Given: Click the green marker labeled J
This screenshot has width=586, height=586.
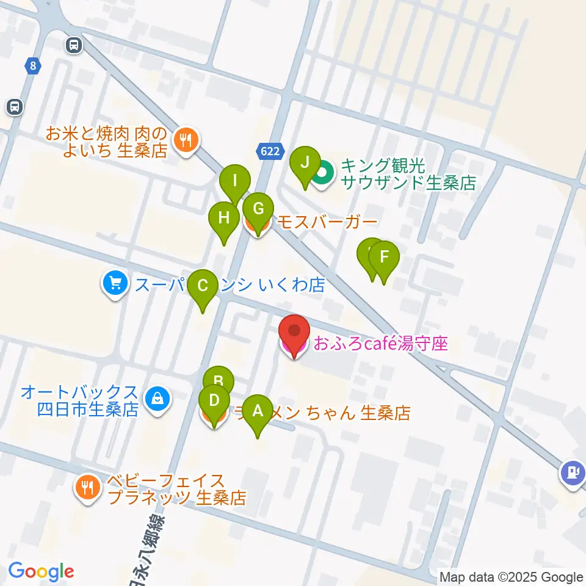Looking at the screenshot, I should pyautogui.click(x=305, y=164).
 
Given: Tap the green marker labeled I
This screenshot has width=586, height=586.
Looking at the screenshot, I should pyautogui.click(x=234, y=181).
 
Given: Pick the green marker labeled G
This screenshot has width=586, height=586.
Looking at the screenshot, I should pyautogui.click(x=258, y=210).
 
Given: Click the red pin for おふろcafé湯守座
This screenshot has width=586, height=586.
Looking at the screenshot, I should pyautogui.click(x=294, y=333).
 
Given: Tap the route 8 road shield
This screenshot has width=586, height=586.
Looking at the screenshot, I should pyautogui.click(x=32, y=65).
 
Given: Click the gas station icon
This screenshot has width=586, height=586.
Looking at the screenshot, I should pyautogui.click(x=573, y=472).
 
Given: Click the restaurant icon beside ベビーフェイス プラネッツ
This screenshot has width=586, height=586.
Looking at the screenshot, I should pyautogui.click(x=88, y=487).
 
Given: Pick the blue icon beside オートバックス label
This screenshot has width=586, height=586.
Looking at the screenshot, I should pyautogui.click(x=157, y=400).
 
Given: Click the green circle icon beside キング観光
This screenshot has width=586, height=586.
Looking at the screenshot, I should pyautogui.click(x=324, y=175).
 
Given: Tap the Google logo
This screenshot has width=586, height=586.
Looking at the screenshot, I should pyautogui.click(x=41, y=571).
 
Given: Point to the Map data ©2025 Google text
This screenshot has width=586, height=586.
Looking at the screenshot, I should pyautogui.click(x=512, y=577).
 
